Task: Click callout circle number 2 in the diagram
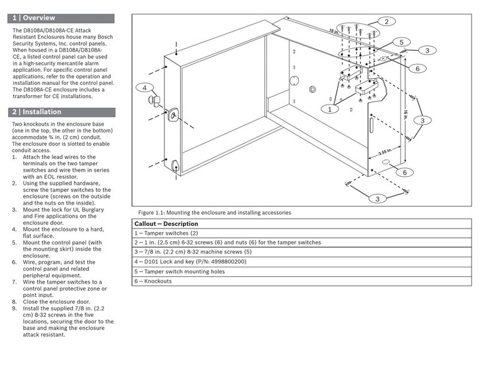[x=386, y=22]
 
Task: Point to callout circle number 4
[x=144, y=88]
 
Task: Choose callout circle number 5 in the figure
[x=402, y=42]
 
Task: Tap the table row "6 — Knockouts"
[x=153, y=280]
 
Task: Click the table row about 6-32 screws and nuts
[x=227, y=242]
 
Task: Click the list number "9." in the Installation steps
[x=16, y=309]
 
